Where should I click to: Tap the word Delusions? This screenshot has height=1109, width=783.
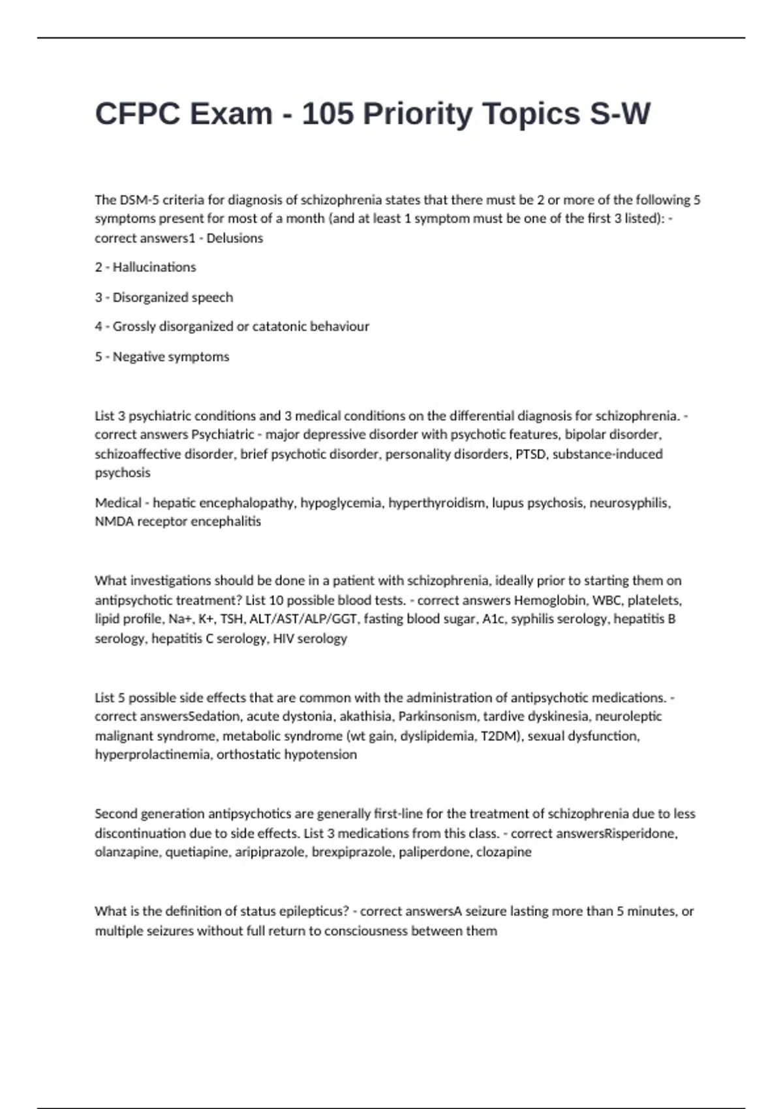point(235,238)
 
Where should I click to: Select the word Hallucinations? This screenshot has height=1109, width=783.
point(154,267)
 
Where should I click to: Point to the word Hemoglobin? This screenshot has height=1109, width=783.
point(549,600)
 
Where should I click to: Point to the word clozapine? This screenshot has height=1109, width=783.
point(504,852)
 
